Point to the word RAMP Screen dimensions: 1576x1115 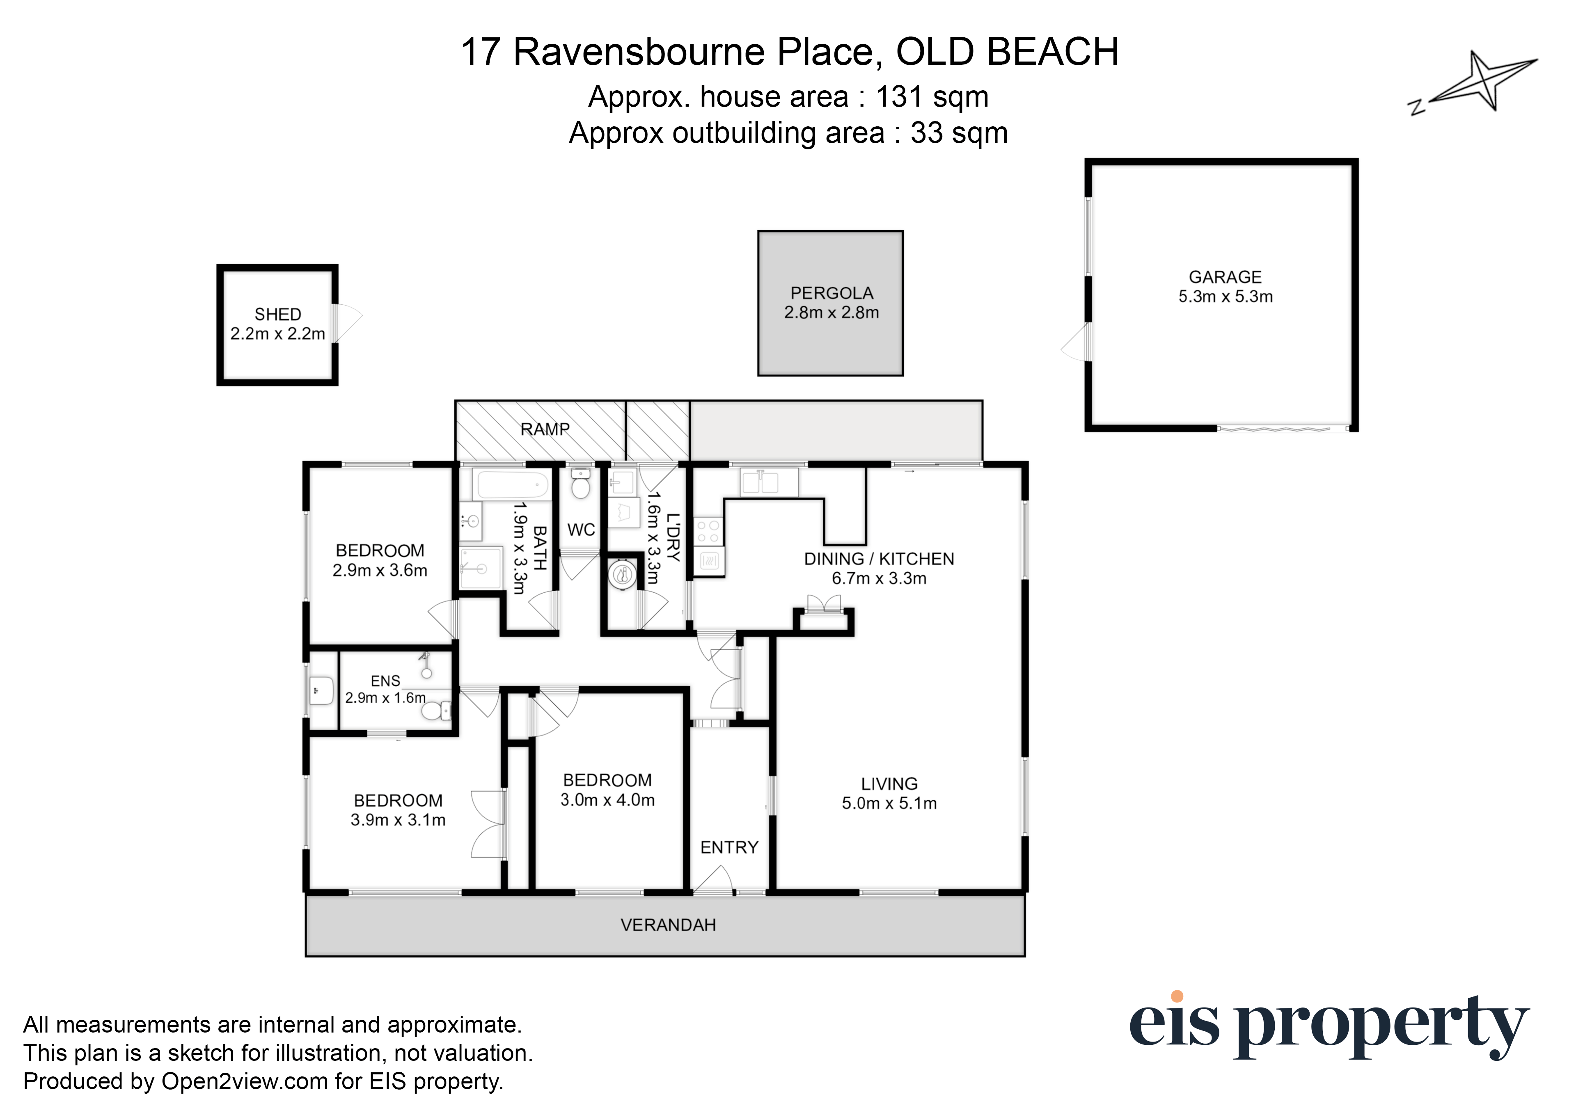(545, 429)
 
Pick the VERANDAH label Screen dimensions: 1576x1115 (668, 925)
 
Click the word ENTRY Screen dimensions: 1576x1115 (729, 847)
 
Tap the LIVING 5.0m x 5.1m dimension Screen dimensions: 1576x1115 (889, 803)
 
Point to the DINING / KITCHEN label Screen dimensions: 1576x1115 (879, 559)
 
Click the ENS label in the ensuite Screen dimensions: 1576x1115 (385, 681)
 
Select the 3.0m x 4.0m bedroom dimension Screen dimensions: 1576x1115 (608, 800)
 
